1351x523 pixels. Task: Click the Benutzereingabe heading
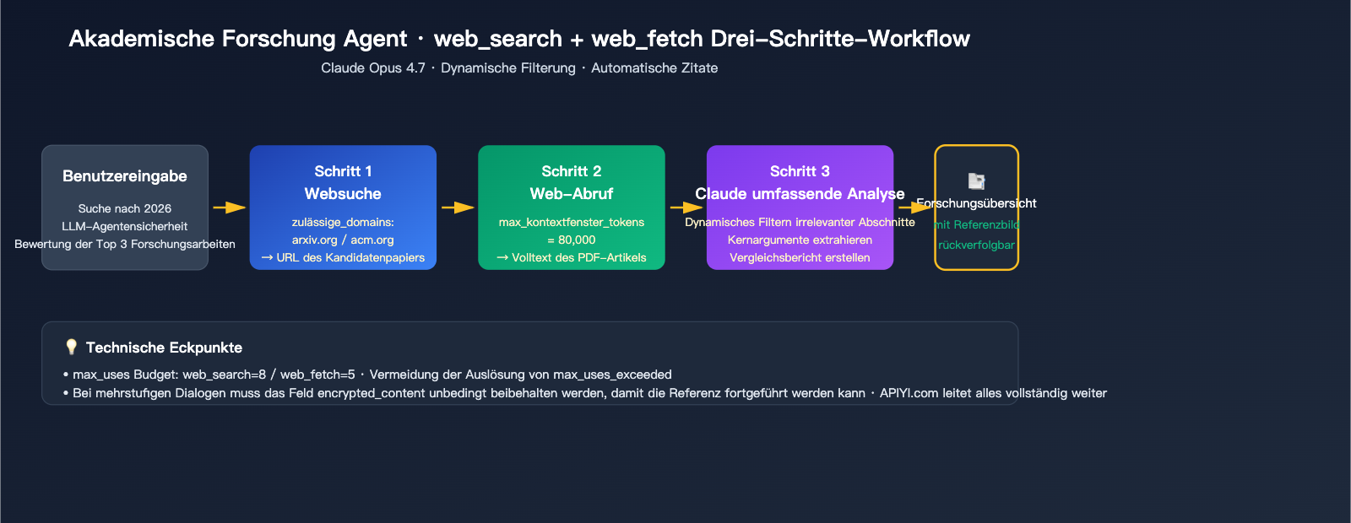click(x=125, y=176)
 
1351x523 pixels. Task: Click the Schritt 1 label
click(x=343, y=171)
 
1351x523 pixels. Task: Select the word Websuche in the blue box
click(x=343, y=194)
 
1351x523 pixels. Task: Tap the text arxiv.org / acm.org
click(x=343, y=240)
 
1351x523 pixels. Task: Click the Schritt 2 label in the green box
click(x=572, y=171)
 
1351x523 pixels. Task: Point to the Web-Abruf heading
click(x=572, y=194)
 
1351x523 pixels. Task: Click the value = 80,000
click(x=572, y=240)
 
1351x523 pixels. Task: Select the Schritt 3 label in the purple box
click(x=800, y=171)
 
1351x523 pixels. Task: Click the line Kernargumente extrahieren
click(x=800, y=240)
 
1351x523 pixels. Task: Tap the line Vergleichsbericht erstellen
click(x=800, y=257)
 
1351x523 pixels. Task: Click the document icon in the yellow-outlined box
click(x=976, y=181)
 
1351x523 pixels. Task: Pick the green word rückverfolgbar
click(x=976, y=245)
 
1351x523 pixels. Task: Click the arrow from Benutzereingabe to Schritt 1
click(x=229, y=207)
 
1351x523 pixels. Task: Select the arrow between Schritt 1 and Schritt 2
click(x=458, y=207)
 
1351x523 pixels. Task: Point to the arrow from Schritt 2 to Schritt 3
click(x=686, y=207)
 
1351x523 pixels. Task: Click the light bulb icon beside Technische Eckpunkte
click(x=71, y=347)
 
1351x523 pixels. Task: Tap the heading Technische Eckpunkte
click(x=164, y=348)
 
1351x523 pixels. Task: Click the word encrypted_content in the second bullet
click(x=371, y=393)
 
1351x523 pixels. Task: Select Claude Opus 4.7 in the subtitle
click(x=373, y=67)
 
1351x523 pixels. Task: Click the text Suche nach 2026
click(x=125, y=208)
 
